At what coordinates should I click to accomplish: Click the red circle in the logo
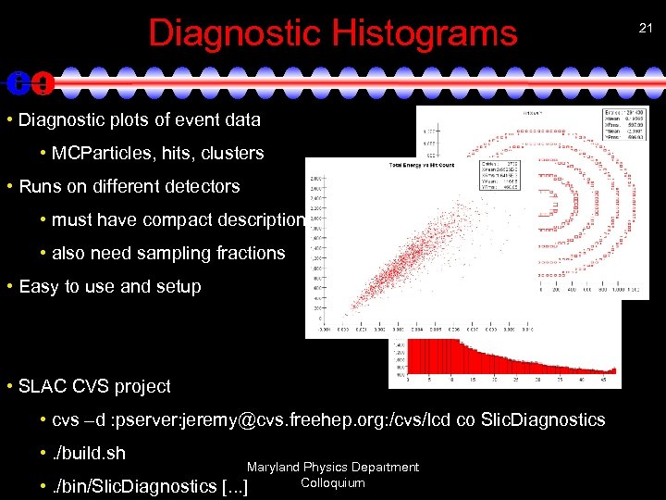[42, 83]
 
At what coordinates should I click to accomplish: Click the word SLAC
[43, 386]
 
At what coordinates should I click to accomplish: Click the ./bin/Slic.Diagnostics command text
[138, 486]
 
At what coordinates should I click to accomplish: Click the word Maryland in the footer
[274, 468]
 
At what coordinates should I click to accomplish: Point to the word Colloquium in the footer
[332, 482]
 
